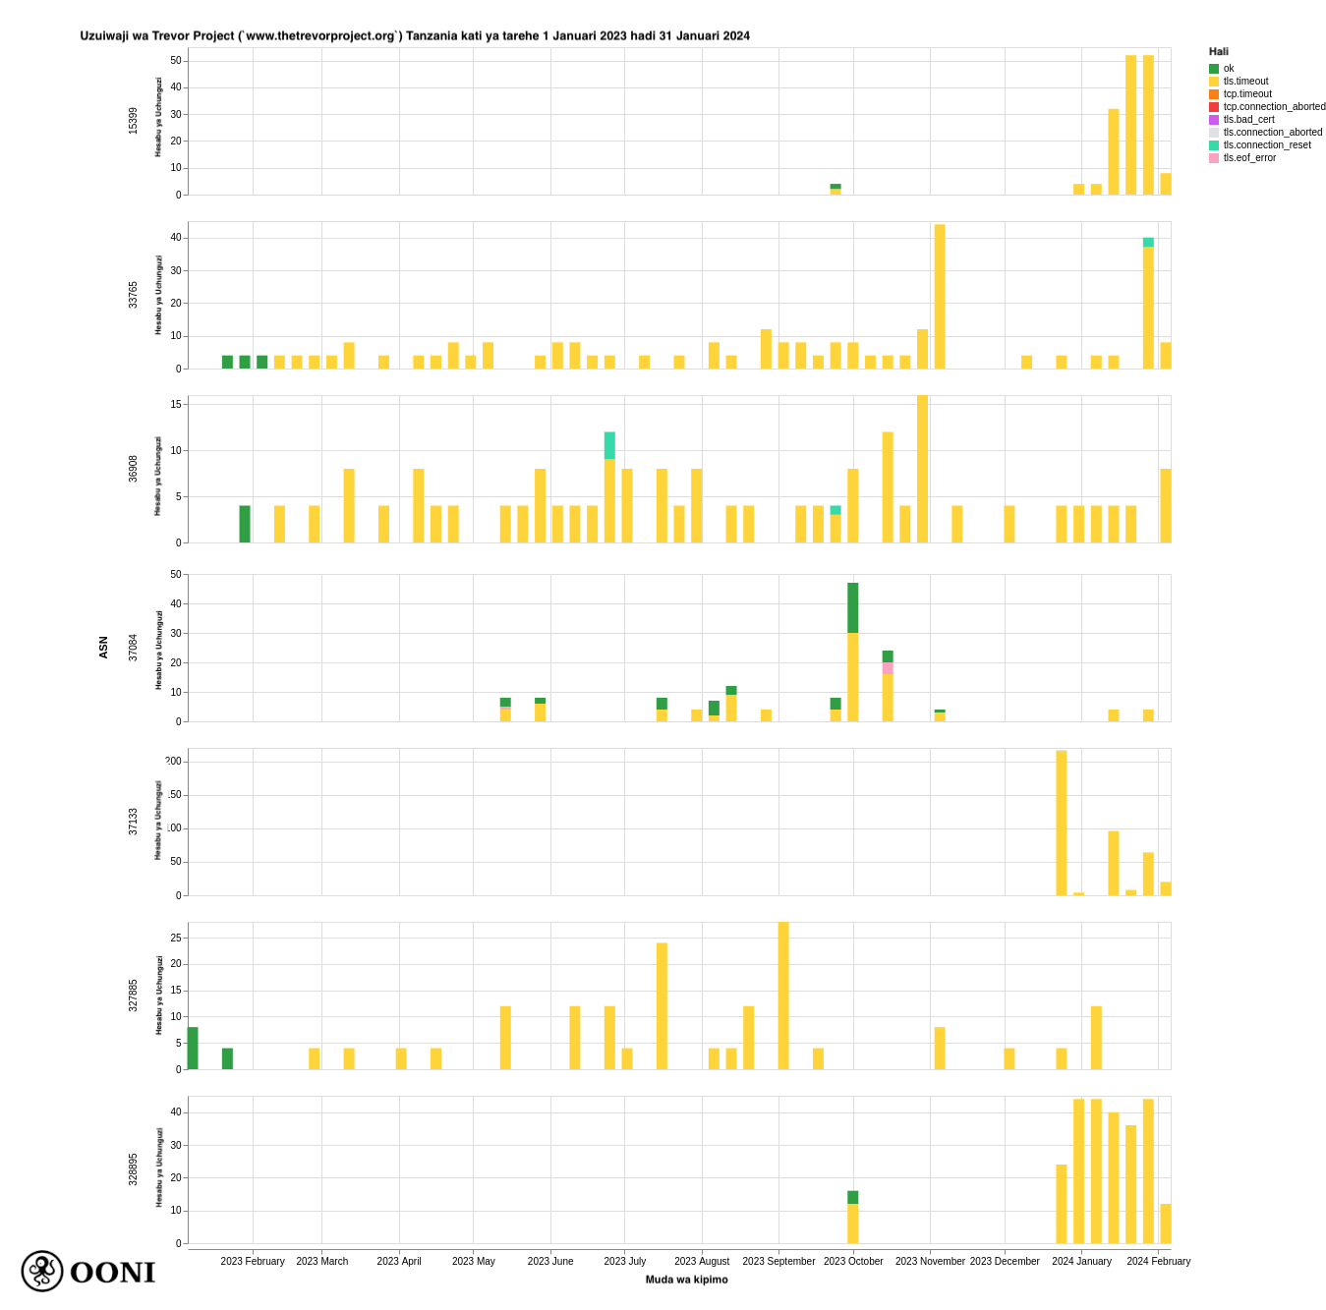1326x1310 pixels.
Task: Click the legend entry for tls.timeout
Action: pos(1245,82)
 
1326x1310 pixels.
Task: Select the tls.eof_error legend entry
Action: pos(1249,158)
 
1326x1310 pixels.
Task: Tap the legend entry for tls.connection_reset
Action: pos(1266,145)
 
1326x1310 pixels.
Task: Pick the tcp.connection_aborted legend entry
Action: pos(1274,107)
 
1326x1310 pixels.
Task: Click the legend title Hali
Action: pos(1219,52)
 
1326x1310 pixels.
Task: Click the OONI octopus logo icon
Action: pos(42,1272)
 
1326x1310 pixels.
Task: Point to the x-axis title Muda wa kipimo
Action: pos(686,1280)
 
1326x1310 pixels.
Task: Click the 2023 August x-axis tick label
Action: pos(702,1262)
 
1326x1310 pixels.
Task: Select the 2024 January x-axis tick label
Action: pos(1081,1262)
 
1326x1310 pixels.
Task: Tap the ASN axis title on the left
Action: pos(103,647)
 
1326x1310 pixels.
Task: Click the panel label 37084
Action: pos(133,647)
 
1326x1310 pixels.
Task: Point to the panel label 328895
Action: pos(133,1169)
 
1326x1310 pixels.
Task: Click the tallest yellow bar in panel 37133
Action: pos(1062,824)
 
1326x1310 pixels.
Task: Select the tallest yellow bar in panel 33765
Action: pos(940,297)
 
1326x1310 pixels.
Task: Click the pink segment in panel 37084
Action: pos(888,668)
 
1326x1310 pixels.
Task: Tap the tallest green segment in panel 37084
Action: pos(853,608)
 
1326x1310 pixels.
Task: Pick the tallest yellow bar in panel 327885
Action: pos(783,996)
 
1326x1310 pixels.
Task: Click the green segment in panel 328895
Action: pos(853,1197)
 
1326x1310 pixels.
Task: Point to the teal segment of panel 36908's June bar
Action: pos(609,445)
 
